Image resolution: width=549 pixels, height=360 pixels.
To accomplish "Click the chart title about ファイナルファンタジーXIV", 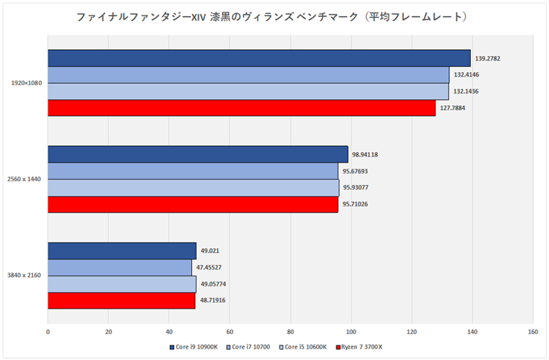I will (273, 16).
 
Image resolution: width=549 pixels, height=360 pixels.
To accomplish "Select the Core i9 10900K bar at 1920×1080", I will (259, 58).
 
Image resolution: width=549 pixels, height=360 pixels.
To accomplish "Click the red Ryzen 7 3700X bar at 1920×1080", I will (241, 108).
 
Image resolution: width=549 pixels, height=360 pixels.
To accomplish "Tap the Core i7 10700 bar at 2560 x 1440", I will (193, 171).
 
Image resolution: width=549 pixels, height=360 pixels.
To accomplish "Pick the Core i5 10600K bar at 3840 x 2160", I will (121, 284).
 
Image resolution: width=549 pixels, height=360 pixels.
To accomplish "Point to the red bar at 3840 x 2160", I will (121, 301).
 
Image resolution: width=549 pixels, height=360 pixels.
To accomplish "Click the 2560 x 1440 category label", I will (25, 180).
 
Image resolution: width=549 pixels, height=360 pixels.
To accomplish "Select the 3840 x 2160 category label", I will (25, 276).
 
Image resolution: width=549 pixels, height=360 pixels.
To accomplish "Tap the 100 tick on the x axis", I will (351, 332).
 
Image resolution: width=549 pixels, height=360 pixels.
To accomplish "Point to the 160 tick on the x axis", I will (532, 332).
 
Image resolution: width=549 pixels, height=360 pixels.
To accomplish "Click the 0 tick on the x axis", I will (48, 332).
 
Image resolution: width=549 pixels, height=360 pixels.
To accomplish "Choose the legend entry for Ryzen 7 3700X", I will (361, 347).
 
